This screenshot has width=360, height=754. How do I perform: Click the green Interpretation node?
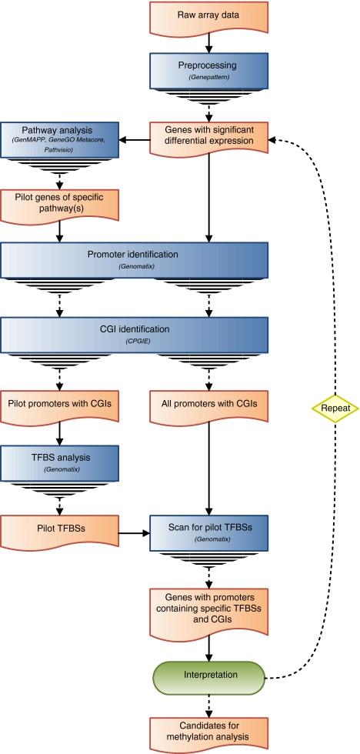click(208, 675)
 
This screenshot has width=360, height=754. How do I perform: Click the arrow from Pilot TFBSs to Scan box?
click(130, 530)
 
